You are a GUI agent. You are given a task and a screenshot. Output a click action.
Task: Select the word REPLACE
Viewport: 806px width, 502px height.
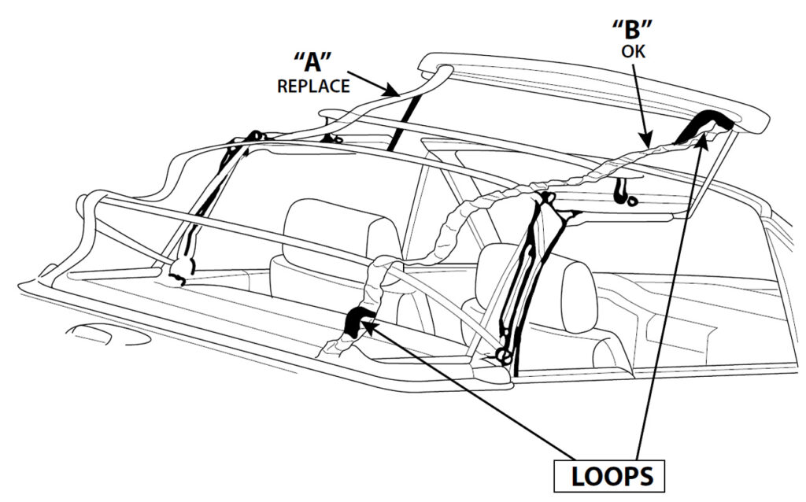click(x=312, y=86)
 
